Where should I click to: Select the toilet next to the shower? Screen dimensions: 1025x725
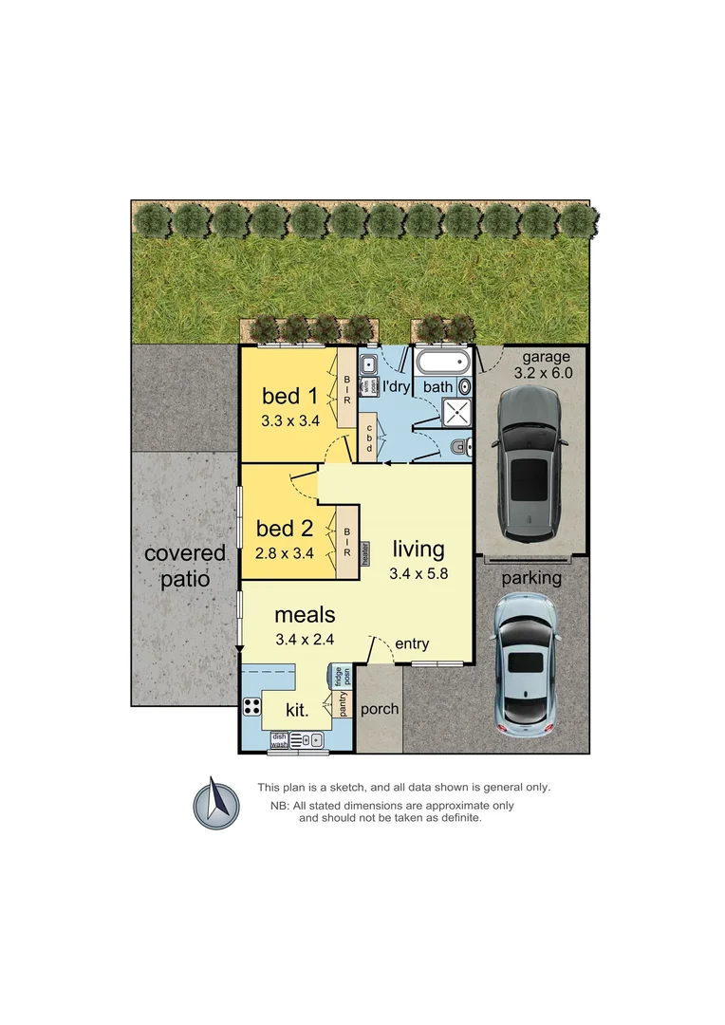[459, 446]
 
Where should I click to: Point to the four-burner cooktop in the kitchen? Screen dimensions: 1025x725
[252, 705]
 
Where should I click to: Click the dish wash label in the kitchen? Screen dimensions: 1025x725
[279, 740]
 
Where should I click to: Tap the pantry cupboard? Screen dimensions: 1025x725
[343, 704]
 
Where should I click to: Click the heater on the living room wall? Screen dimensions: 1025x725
[364, 551]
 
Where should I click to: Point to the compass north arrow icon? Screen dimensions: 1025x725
[216, 802]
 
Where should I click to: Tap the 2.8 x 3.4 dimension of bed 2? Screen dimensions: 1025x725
[285, 552]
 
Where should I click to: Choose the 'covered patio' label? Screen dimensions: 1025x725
[185, 566]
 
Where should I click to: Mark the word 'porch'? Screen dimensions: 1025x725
[381, 709]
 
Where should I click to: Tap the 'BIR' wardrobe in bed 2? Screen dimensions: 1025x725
[348, 542]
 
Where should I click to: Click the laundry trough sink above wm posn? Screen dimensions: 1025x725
[369, 363]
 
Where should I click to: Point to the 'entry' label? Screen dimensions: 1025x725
[413, 644]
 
